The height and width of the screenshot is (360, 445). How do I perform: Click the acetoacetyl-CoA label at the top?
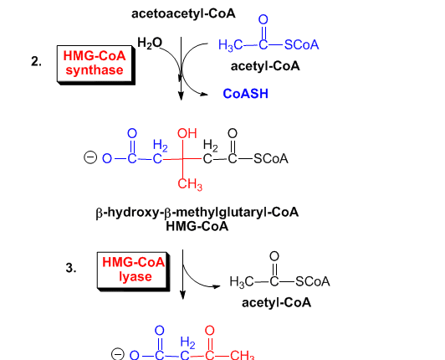click(x=183, y=13)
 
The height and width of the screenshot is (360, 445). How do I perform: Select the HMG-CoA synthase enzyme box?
click(x=96, y=64)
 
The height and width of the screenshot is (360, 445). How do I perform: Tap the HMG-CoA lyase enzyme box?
click(x=133, y=271)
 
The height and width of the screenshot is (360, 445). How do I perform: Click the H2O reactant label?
click(x=150, y=44)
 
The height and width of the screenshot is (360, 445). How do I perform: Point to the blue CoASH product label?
click(x=245, y=94)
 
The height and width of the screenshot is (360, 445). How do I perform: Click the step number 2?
click(x=36, y=61)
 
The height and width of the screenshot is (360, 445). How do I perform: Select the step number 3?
click(x=70, y=268)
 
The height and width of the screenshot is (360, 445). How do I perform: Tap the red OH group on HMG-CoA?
click(x=187, y=133)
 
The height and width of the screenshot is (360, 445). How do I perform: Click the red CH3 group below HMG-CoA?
click(x=190, y=184)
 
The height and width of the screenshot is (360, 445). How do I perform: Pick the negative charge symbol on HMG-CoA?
click(x=90, y=157)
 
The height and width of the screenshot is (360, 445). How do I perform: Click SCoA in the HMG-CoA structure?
click(x=271, y=159)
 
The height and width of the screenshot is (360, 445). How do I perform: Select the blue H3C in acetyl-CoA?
click(x=231, y=45)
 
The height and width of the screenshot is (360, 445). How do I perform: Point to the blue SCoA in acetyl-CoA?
click(x=301, y=44)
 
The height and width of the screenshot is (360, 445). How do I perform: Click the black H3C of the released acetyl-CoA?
click(x=241, y=282)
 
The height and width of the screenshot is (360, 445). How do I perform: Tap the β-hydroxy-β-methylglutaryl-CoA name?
click(x=197, y=213)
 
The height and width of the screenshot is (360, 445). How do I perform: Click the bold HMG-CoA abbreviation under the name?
click(x=197, y=226)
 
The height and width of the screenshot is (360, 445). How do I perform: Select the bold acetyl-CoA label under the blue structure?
click(x=265, y=66)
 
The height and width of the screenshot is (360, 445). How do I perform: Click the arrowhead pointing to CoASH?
click(x=204, y=95)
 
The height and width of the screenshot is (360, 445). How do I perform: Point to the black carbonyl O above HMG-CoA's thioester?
click(x=233, y=133)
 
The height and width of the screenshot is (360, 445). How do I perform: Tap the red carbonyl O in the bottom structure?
click(x=209, y=331)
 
